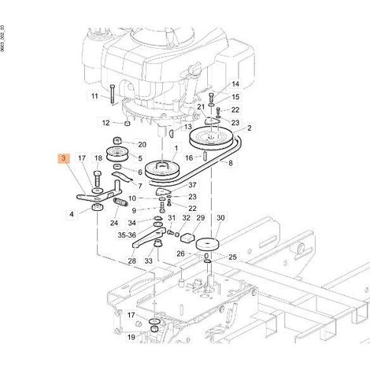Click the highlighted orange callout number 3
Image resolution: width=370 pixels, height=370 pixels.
(x=63, y=158)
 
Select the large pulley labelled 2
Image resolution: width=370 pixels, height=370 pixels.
(x=210, y=139)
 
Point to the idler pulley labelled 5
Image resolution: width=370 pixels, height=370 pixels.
(x=117, y=154)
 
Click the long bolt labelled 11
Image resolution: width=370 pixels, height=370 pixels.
(x=113, y=95)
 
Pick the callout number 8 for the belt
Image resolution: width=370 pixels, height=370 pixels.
(x=231, y=163)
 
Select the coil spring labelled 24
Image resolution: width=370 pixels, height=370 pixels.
(x=120, y=202)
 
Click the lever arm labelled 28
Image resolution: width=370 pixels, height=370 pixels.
(x=149, y=238)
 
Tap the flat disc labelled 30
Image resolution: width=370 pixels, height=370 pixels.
(x=208, y=244)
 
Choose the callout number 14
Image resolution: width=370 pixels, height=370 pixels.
(x=235, y=84)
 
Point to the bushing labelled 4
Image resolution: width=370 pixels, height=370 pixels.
(x=98, y=207)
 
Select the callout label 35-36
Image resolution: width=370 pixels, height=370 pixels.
(x=127, y=235)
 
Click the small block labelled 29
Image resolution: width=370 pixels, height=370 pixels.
(x=187, y=237)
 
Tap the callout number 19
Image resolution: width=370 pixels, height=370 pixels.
(x=131, y=337)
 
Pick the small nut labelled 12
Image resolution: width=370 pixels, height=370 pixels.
(x=127, y=123)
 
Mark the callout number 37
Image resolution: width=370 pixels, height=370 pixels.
(x=192, y=185)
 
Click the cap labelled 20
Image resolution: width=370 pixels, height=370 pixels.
(x=118, y=140)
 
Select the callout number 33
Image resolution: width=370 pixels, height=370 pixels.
(x=148, y=261)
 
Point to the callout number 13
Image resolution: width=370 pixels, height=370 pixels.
(x=188, y=127)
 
